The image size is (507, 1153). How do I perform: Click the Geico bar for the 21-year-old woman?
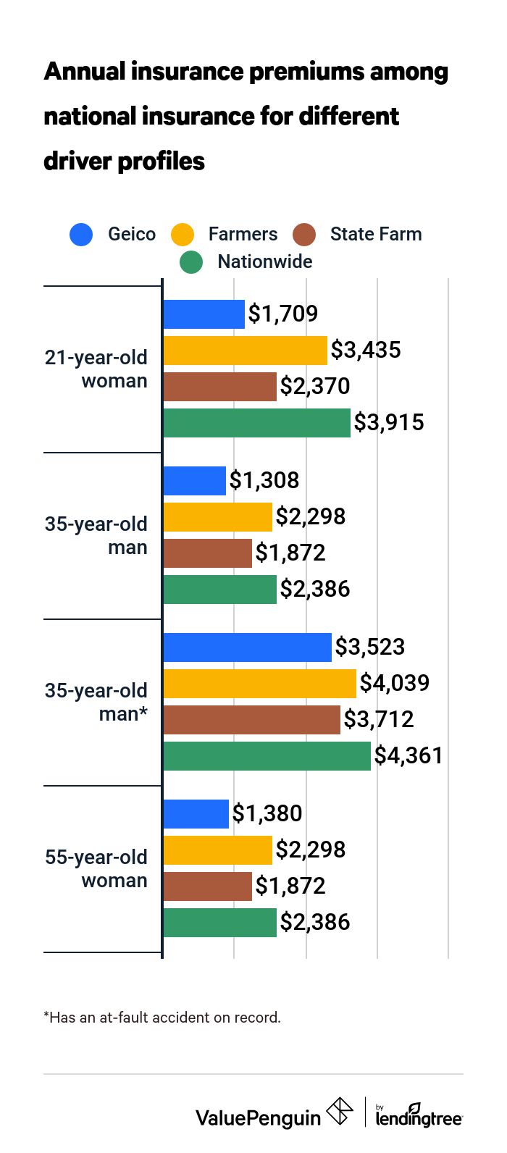204,314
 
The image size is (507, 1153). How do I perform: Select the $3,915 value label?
388,423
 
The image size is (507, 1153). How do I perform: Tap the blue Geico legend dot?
81,235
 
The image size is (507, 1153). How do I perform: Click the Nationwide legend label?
264,261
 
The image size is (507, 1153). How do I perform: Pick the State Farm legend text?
375,235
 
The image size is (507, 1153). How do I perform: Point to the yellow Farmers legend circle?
183,235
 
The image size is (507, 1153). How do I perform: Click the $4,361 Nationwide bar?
267,756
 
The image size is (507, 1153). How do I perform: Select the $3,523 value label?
369,647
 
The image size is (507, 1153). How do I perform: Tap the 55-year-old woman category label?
96,868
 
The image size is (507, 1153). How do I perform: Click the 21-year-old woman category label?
96,369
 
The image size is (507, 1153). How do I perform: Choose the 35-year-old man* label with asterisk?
96,702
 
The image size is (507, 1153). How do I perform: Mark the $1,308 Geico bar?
194,481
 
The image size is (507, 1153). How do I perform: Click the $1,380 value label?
267,814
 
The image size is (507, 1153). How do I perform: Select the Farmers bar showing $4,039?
259,684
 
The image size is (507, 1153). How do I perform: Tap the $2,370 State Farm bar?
219,387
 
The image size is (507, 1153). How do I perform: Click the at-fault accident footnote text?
162,1018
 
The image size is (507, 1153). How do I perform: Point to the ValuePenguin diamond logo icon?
340,1112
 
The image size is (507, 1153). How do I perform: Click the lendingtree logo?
419,1115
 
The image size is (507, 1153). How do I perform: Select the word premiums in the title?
306,72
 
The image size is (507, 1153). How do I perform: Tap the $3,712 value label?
378,720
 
